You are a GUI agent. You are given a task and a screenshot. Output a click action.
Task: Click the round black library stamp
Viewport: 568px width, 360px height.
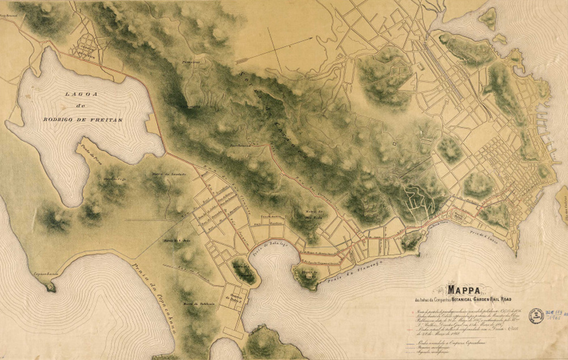(536, 316)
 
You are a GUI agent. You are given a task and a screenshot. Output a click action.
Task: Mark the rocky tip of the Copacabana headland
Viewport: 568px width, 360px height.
(51, 288)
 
